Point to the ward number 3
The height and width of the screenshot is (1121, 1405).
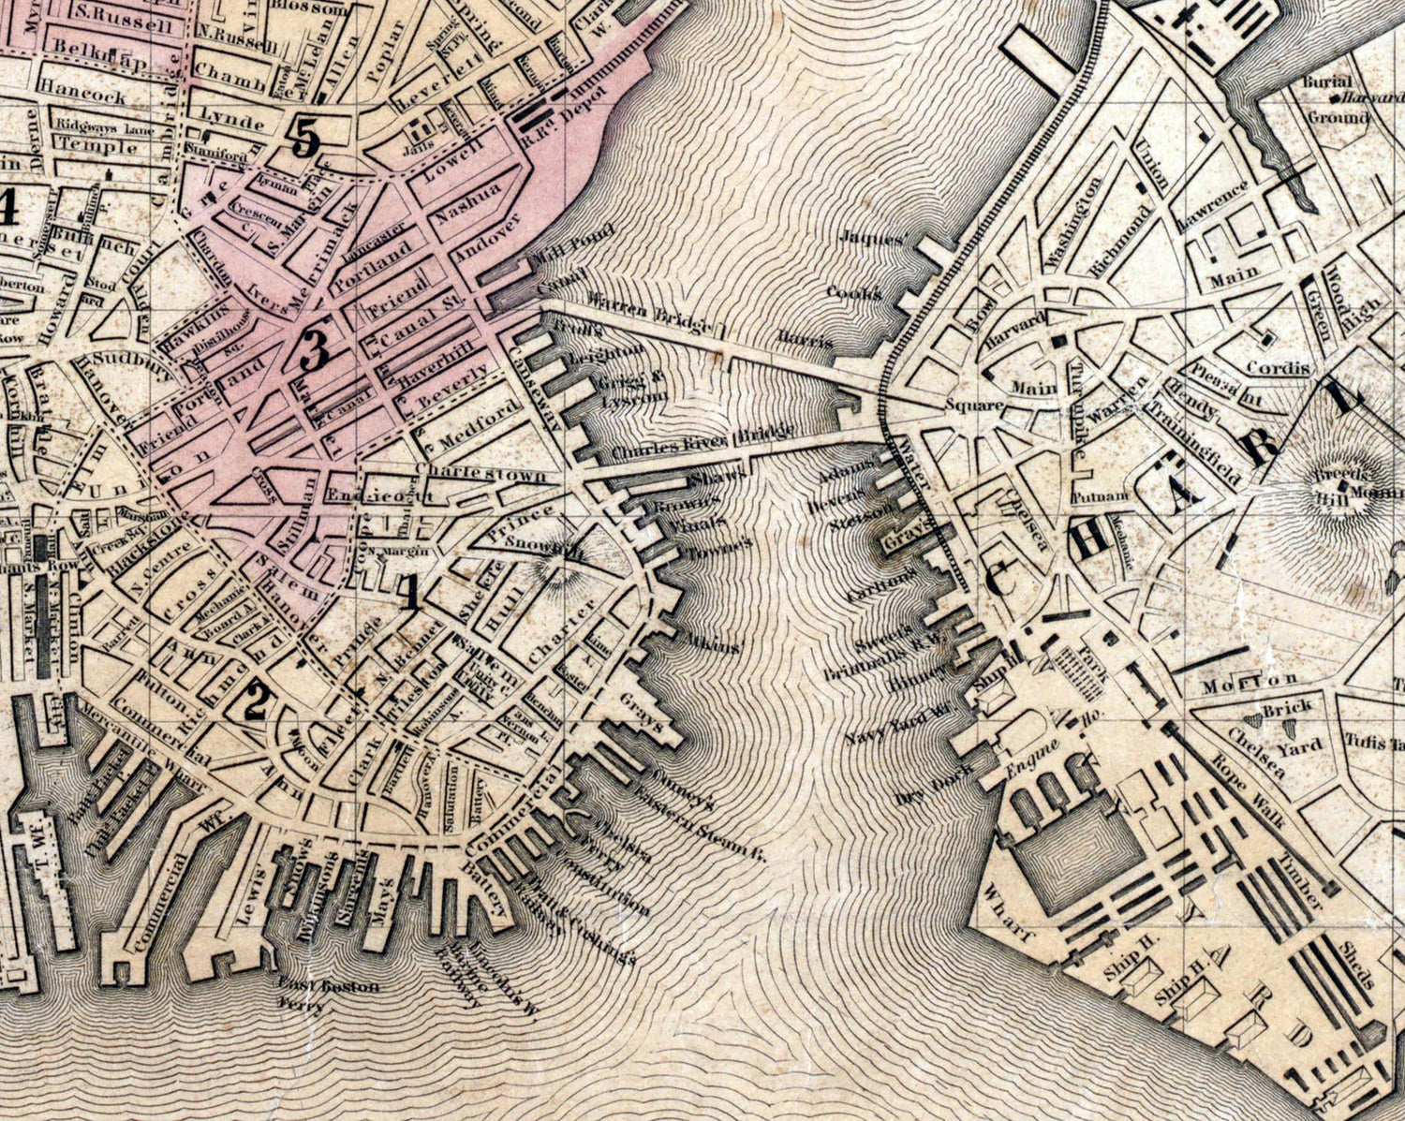pos(314,352)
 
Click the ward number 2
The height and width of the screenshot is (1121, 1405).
pos(254,702)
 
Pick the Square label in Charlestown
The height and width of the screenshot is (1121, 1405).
pos(974,406)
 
